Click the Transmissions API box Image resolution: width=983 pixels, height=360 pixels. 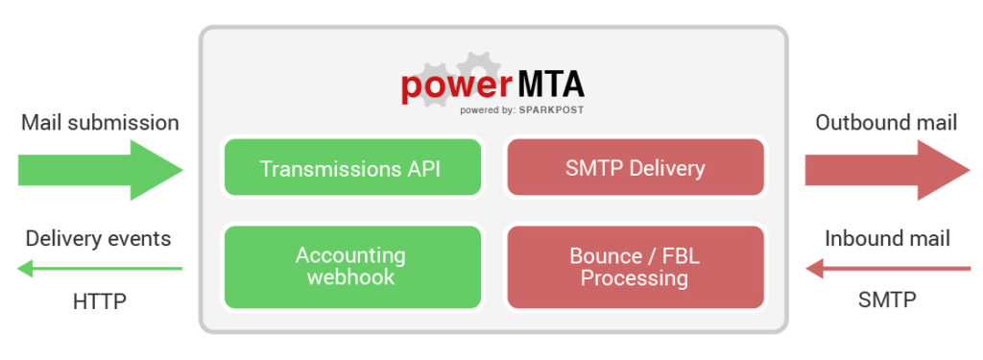tap(351, 168)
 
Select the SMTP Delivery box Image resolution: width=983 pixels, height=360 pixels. tap(635, 168)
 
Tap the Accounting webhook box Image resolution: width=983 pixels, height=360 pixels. tap(351, 267)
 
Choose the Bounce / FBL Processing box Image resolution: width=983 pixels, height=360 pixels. tap(635, 267)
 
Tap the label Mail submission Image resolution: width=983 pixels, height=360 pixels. tap(100, 123)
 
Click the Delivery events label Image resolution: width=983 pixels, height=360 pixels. tap(99, 239)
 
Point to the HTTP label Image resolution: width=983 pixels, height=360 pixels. tap(100, 301)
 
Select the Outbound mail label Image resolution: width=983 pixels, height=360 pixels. tap(886, 123)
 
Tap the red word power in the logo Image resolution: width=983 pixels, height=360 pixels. tap(456, 86)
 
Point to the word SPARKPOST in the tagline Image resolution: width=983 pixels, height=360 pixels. tap(551, 110)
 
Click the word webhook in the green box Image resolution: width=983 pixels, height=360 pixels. tap(351, 277)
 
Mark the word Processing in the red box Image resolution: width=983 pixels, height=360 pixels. tap(635, 278)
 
